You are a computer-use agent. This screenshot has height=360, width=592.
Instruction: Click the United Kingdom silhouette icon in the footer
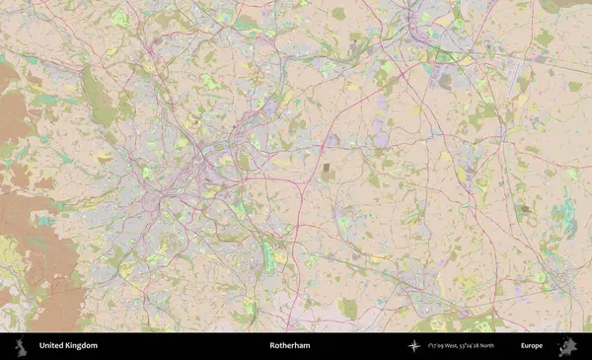(20, 346)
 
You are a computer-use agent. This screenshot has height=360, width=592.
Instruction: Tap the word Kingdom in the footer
(83, 346)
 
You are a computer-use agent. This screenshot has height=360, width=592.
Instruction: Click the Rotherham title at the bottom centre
(289, 346)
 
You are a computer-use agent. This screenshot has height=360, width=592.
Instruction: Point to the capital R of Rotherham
(272, 346)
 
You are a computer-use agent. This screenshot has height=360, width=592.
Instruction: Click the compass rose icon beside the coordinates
(414, 346)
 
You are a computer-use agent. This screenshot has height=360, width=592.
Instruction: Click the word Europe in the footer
(532, 346)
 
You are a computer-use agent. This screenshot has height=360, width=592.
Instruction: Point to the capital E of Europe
(523, 346)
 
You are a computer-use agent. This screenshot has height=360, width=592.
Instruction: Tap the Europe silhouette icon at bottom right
(567, 346)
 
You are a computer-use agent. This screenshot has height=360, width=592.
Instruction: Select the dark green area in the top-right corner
(572, 5)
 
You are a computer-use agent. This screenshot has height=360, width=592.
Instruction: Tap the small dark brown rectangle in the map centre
(328, 172)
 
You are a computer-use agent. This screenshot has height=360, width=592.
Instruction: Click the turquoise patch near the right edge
(568, 222)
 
